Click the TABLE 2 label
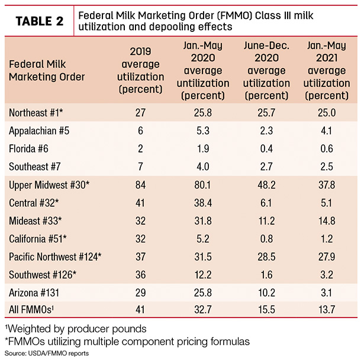(40, 21)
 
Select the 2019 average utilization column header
(140, 70)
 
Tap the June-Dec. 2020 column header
(266, 70)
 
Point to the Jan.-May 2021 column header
(327, 70)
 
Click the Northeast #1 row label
(36, 113)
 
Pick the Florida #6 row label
(28, 148)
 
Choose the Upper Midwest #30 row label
(49, 184)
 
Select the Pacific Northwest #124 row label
(55, 257)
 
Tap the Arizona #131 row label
(34, 293)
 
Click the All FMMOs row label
(31, 309)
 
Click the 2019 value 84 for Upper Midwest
(140, 184)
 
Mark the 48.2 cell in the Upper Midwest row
(266, 184)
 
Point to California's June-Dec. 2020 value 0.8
(266, 239)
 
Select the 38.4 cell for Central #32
(203, 203)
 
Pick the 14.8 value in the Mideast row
(327, 221)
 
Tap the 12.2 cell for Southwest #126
(203, 275)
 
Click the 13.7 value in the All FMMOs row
(327, 309)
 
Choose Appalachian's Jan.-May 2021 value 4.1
(327, 131)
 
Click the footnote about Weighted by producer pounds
(76, 329)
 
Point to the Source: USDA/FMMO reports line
(47, 353)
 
